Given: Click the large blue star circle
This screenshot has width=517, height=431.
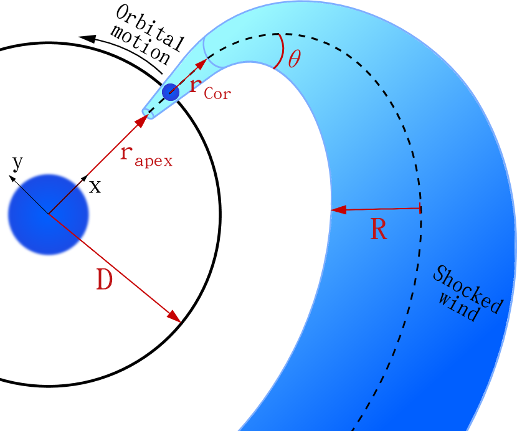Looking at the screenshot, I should pos(48,214).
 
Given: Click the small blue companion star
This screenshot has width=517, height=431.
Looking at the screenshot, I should pos(171,92).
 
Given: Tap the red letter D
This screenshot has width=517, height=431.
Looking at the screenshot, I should pos(105,281).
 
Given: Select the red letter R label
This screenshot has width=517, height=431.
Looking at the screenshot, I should pos(378,230).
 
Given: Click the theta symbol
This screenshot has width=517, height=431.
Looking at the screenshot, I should pos(294,59).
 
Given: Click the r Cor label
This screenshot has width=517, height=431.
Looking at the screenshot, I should pos(209,87).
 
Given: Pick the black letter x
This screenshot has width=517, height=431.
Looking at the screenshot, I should pos(95,186).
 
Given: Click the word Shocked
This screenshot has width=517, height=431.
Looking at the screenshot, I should pos(467,290).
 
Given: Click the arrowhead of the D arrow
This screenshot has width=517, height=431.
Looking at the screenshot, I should pos(176,318).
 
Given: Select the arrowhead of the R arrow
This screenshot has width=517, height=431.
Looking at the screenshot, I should pos(336,210).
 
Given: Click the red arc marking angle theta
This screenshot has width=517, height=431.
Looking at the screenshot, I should pos(280,50).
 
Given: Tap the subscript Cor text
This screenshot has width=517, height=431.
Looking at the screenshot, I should pos(217,94).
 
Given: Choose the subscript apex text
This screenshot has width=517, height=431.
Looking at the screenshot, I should pos(153,161).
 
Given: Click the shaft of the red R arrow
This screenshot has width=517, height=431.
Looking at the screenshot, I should pos(380,209).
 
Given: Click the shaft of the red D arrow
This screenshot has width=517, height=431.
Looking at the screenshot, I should pos(112,267).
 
